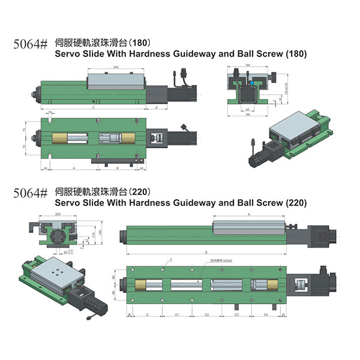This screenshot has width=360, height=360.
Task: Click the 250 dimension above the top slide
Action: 115,67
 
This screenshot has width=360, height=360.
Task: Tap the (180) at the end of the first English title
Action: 296,54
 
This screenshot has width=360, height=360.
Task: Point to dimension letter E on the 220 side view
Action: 206,253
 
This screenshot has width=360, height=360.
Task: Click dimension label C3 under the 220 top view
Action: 236,314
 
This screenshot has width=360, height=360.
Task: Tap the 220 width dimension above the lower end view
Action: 58,214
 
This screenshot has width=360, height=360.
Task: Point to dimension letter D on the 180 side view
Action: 156,107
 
